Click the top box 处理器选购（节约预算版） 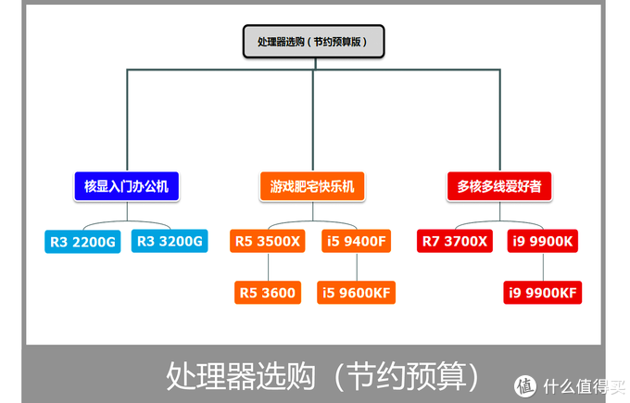pyautogui.click(x=312, y=43)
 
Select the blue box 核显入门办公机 pyautogui.click(x=125, y=187)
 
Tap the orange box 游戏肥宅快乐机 pyautogui.click(x=312, y=187)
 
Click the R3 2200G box pyautogui.click(x=83, y=242)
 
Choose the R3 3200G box pyautogui.click(x=169, y=242)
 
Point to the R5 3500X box pyautogui.click(x=268, y=242)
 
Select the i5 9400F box pyautogui.click(x=356, y=242)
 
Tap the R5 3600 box pyautogui.click(x=268, y=293)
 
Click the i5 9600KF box pyautogui.click(x=357, y=293)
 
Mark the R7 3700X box pyautogui.click(x=454, y=242)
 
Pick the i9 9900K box pyautogui.click(x=543, y=242)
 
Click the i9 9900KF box pyautogui.click(x=543, y=293)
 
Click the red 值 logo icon pyautogui.click(x=524, y=385)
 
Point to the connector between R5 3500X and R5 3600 pyautogui.click(x=268, y=267)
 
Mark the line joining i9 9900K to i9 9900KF pyautogui.click(x=543, y=267)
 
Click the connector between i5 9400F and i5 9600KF pyautogui.click(x=357, y=267)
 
